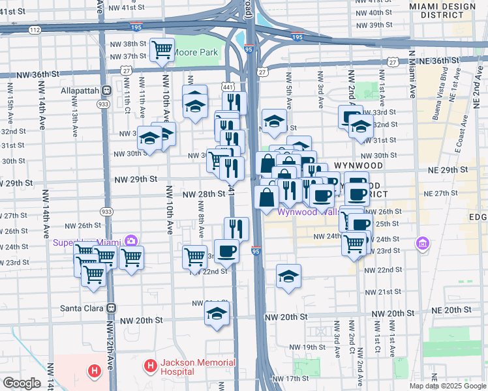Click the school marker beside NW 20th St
(x=217, y=315)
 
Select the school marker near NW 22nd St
(x=288, y=276)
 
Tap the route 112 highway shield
(x=35, y=30)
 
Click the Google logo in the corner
(x=22, y=383)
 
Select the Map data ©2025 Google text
(x=447, y=386)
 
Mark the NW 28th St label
(x=203, y=194)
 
